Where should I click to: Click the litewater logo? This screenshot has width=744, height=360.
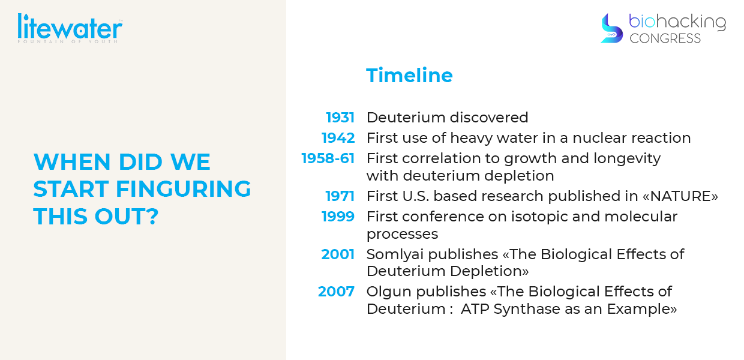(70, 28)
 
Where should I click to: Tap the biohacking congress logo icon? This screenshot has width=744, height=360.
(612, 29)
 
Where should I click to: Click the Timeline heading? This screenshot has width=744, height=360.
(409, 76)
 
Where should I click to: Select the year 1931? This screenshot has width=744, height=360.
(340, 118)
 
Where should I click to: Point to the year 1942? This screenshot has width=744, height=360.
(338, 138)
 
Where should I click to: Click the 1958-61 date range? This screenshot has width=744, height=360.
(328, 158)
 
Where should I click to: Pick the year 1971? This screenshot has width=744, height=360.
(340, 196)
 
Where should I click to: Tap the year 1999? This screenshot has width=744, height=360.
(338, 217)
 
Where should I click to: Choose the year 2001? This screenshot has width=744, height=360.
(338, 254)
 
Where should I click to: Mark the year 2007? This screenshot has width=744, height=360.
(336, 292)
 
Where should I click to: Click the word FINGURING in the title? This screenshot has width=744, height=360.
(184, 189)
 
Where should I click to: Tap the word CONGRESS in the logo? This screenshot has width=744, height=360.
(665, 38)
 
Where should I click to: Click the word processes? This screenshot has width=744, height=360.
(402, 235)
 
